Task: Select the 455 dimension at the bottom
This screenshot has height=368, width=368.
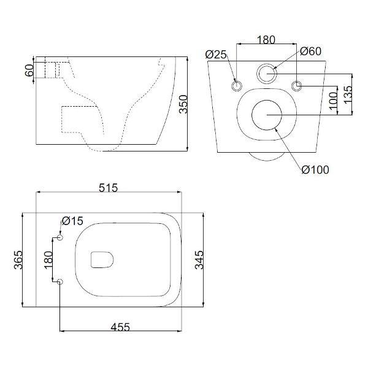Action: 120,327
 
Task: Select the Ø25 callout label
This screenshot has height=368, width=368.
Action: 217,55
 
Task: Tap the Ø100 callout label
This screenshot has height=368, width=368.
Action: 315,169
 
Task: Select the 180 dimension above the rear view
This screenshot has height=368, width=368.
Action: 266,40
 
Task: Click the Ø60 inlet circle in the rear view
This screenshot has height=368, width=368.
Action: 267,74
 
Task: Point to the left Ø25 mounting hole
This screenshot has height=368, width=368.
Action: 237,85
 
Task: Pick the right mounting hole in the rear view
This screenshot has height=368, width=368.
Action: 297,85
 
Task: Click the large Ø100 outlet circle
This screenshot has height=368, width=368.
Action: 267,115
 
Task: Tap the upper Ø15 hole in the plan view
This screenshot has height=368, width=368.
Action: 59,237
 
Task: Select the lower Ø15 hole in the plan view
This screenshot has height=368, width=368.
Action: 59,282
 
